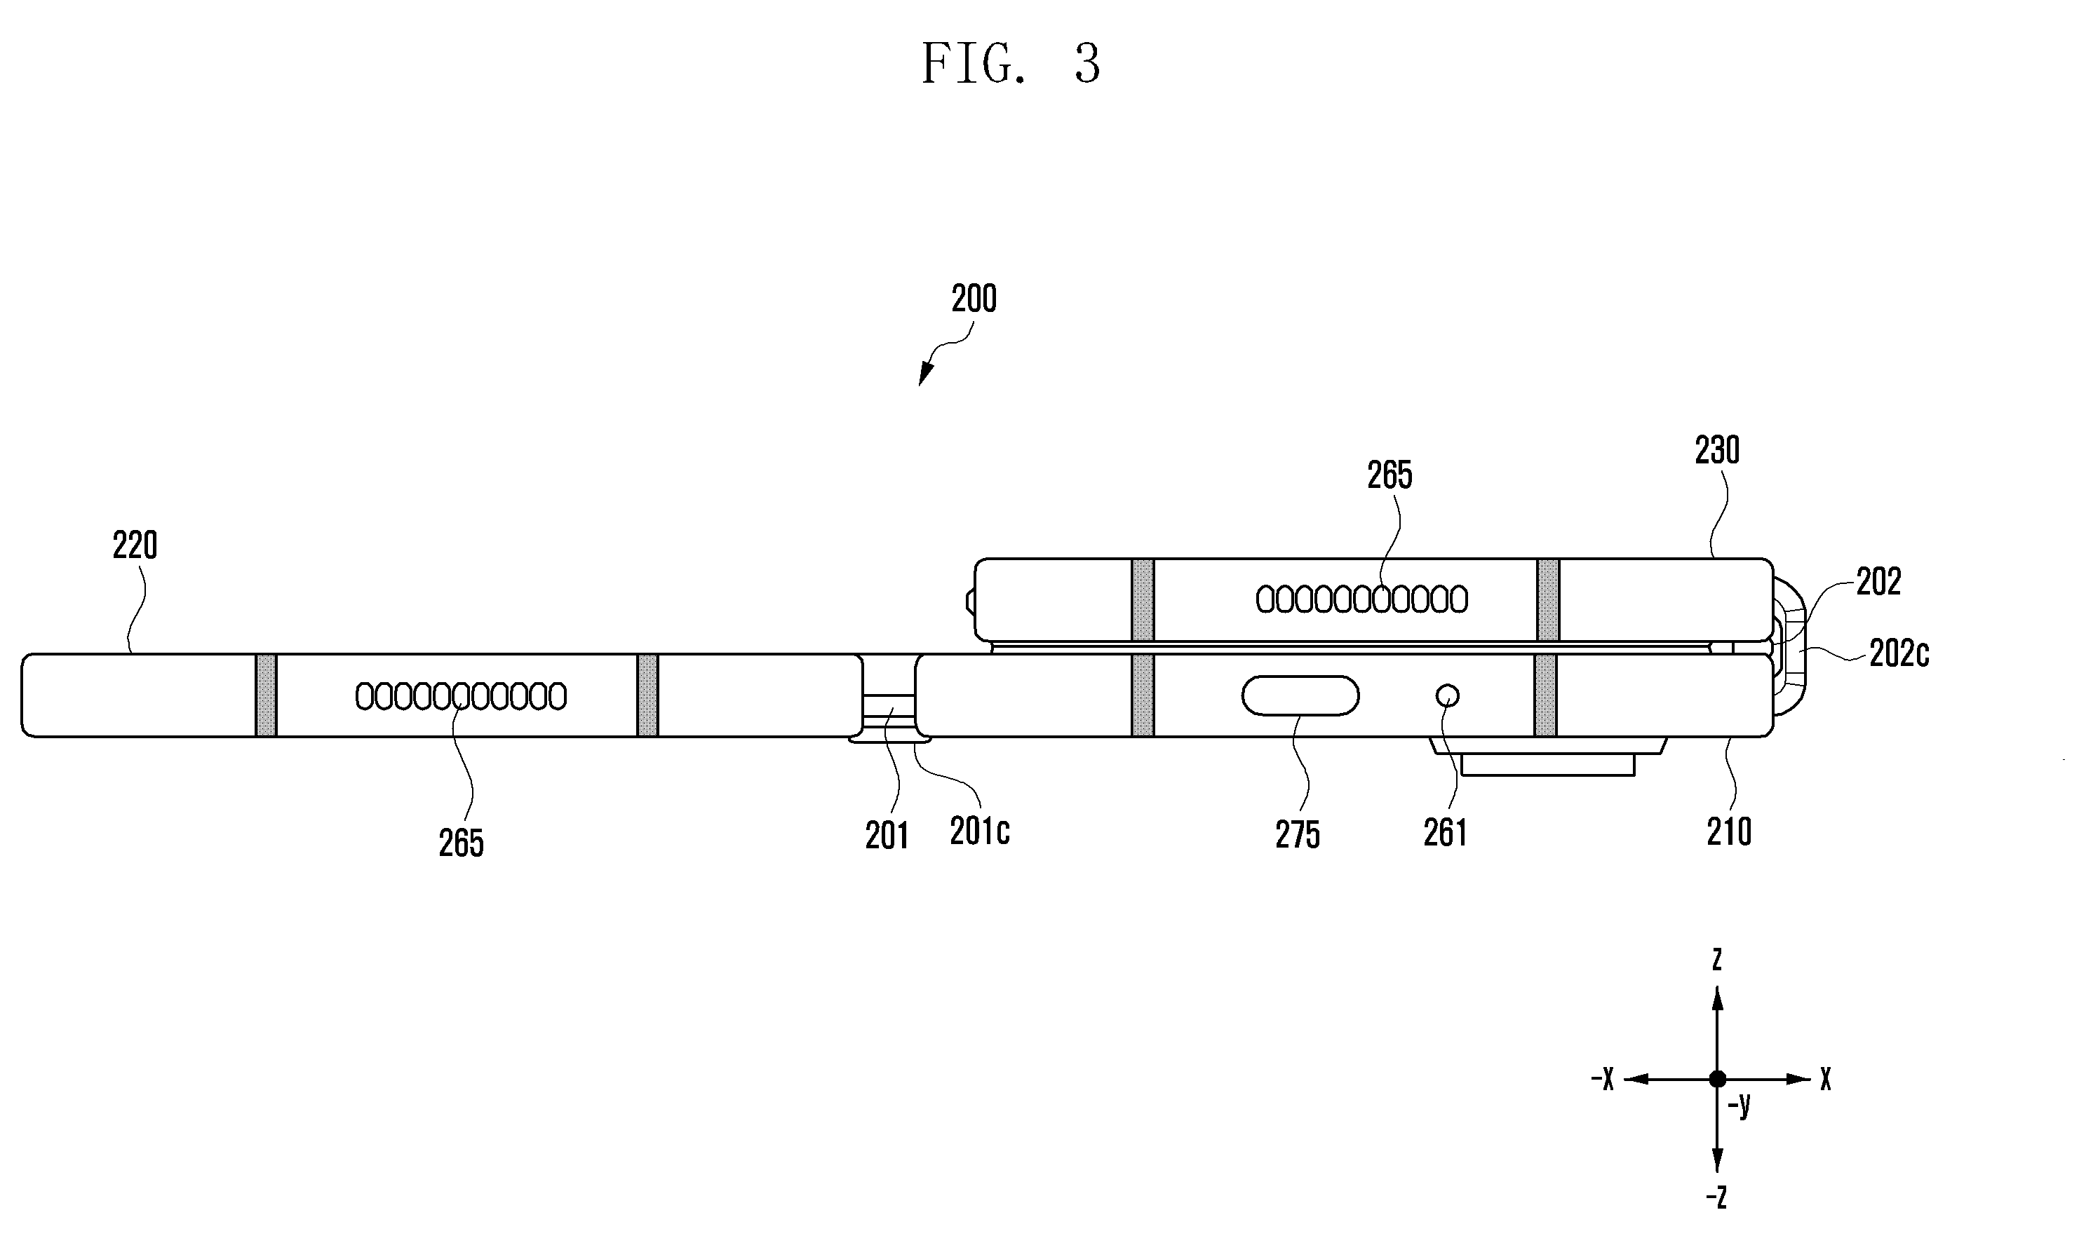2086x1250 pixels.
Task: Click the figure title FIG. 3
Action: [1011, 63]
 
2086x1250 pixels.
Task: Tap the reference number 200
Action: [974, 299]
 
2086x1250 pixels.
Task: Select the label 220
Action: [135, 546]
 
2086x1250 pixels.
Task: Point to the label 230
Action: [1717, 451]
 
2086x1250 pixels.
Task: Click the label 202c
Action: [1899, 653]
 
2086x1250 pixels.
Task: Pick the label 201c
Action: [980, 831]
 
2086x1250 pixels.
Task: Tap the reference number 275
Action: [1298, 835]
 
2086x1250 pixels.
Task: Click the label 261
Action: [1446, 833]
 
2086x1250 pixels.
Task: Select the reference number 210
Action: [1729, 832]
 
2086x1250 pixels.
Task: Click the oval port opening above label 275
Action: [1300, 695]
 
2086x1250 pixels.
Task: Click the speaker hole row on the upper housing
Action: [1361, 599]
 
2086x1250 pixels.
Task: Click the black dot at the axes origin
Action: [1718, 1079]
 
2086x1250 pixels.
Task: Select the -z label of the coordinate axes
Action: [1716, 1197]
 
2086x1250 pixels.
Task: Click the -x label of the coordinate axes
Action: [1603, 1078]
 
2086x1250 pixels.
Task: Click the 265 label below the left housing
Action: [461, 843]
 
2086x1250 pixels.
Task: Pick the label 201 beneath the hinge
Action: [887, 836]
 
